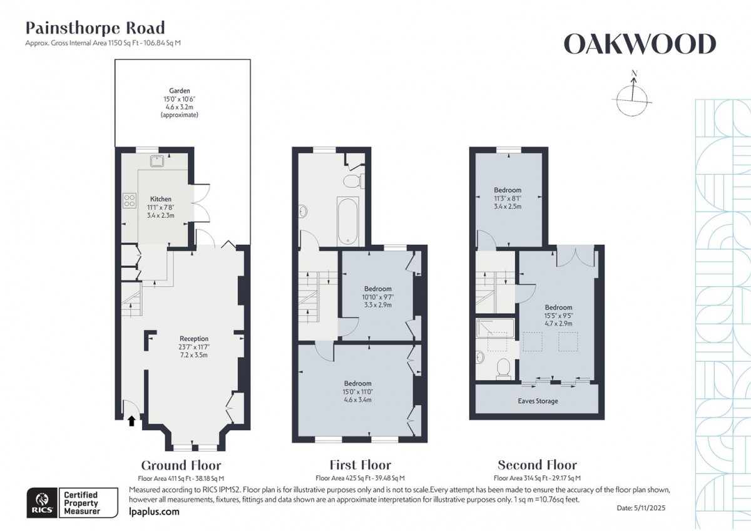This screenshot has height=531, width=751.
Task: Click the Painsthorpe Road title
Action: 95,28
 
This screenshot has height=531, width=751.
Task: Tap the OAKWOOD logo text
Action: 639,44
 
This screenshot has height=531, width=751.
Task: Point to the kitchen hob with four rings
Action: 130,200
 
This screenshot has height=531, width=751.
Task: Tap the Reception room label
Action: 193,339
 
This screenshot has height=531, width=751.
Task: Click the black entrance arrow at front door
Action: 131,421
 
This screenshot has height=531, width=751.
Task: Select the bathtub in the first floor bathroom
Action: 347,222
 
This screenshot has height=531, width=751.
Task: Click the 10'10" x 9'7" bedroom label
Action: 377,289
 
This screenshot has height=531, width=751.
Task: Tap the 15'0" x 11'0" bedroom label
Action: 357,383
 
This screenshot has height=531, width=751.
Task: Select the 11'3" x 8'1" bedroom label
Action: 508,190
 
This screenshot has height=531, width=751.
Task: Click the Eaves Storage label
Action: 537,401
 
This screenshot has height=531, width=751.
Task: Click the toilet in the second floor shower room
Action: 502,369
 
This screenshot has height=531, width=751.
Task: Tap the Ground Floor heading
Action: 181,465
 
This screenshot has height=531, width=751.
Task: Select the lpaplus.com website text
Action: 153,512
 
